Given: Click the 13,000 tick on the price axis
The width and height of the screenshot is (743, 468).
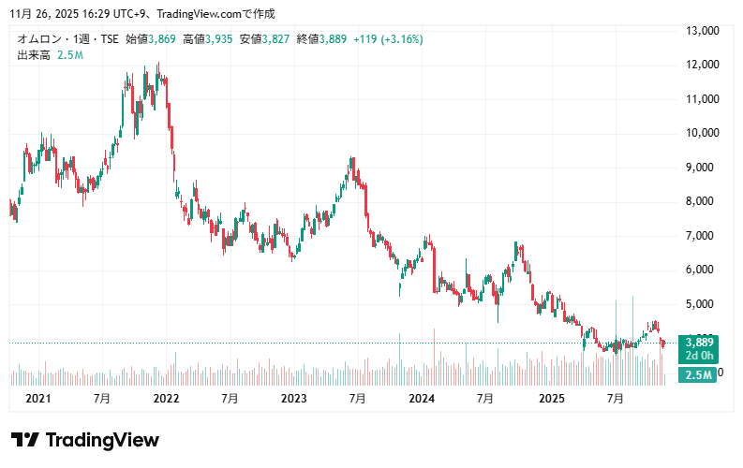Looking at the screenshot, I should coord(702,31).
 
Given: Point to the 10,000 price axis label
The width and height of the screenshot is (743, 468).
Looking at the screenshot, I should coord(702,133).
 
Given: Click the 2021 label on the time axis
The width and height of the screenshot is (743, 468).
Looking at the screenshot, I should coord(37,399).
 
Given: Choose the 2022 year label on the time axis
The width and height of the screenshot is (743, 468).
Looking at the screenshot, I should coord(166,399).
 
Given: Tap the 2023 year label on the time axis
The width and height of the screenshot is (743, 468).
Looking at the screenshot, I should coord(293,399).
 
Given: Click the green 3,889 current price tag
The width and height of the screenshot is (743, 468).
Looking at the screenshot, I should coord(699,343).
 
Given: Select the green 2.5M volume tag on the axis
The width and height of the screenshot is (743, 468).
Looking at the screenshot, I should coord(699,375).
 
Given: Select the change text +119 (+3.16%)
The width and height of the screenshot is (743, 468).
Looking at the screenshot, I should coord(388,39).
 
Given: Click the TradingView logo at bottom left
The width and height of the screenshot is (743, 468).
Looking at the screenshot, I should coord(84,440).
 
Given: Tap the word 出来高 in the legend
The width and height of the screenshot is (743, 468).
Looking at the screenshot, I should coord(33,55).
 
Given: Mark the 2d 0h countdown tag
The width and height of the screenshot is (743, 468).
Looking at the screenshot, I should coord(699,356).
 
